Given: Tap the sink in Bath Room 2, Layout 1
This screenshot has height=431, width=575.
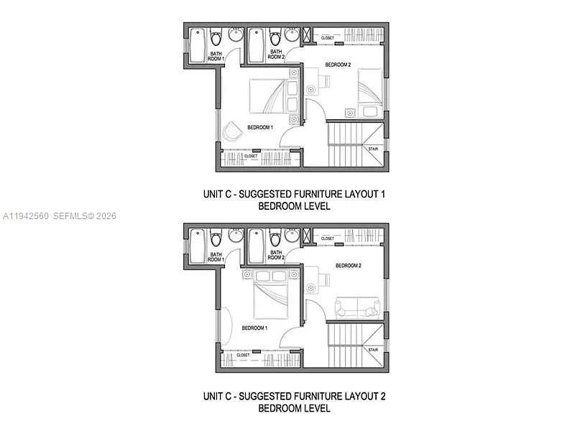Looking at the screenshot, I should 292,34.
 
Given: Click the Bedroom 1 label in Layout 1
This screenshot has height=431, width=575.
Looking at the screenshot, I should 260,127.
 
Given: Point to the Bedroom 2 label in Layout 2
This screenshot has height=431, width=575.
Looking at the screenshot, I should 348,266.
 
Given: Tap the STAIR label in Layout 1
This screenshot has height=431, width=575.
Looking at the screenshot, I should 373,149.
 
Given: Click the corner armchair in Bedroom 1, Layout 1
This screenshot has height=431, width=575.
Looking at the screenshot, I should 231,132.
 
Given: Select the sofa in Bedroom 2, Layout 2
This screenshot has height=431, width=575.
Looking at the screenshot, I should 358,310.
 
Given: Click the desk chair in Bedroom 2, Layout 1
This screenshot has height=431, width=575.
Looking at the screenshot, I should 312,89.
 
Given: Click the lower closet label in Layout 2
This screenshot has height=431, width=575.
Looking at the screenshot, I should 243,355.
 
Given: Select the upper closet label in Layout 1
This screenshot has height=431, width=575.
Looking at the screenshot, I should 328,37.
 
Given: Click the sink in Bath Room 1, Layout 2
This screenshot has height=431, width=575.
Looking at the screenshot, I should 235,235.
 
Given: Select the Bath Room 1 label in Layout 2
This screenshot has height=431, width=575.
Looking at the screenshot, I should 216,256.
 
